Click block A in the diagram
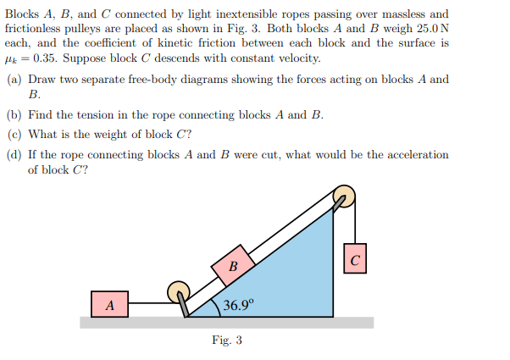tap(110, 303)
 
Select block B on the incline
tap(234, 266)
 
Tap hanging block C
tap(356, 259)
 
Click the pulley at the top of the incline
tap(342, 197)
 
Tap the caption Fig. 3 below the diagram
tap(227, 341)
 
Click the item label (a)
tap(14, 80)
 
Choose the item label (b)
tap(14, 115)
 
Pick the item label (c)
tap(14, 134)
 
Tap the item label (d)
tap(14, 154)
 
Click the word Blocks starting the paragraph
tap(22, 14)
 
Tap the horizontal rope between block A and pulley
tap(149, 302)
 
